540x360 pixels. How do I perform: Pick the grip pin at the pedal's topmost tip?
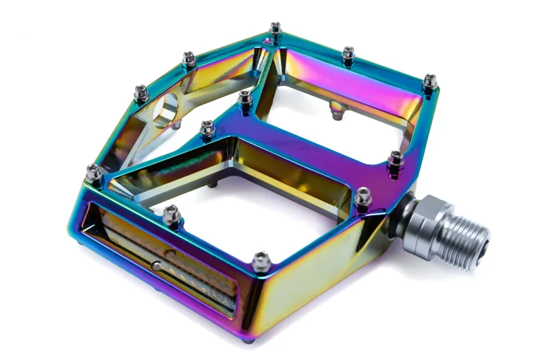tap(275, 29)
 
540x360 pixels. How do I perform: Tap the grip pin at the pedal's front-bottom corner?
tap(261, 257)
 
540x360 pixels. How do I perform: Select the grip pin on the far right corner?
tap(430, 81)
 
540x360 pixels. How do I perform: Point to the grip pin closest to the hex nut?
tap(364, 195)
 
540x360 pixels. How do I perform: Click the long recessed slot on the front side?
tap(162, 263)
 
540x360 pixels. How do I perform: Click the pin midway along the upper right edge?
tap(348, 53)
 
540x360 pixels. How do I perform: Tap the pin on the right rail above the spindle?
tap(396, 158)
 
